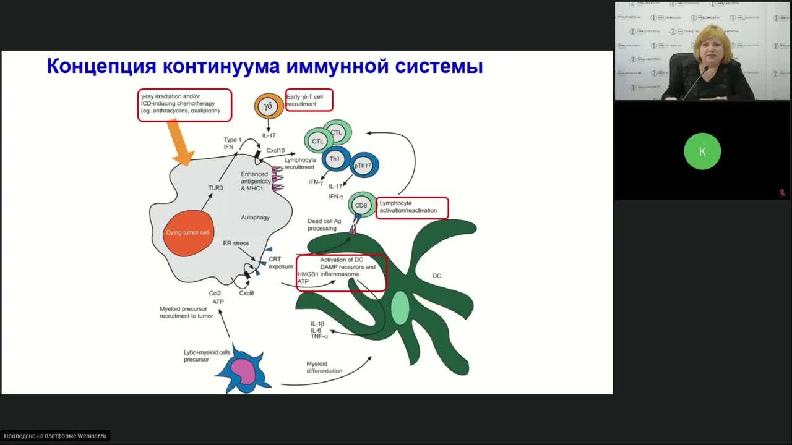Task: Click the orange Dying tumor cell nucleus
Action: pyautogui.click(x=189, y=233)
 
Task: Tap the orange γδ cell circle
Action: pyautogui.click(x=269, y=106)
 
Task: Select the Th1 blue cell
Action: pyautogui.click(x=335, y=159)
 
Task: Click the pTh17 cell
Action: pyautogui.click(x=363, y=166)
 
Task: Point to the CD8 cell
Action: pyautogui.click(x=361, y=205)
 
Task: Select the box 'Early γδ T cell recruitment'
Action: pyautogui.click(x=309, y=100)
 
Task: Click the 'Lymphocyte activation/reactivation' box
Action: pyautogui.click(x=411, y=207)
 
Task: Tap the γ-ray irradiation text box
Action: pyautogui.click(x=184, y=104)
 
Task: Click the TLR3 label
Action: pyautogui.click(x=215, y=187)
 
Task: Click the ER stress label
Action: pyautogui.click(x=236, y=244)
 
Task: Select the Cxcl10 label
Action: pyautogui.click(x=275, y=150)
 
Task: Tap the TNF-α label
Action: pyautogui.click(x=319, y=336)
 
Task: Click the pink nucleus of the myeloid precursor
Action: pyautogui.click(x=243, y=371)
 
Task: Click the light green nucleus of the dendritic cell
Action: pyautogui.click(x=400, y=308)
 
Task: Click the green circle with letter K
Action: pyautogui.click(x=702, y=151)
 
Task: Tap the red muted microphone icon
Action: pyautogui.click(x=782, y=193)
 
